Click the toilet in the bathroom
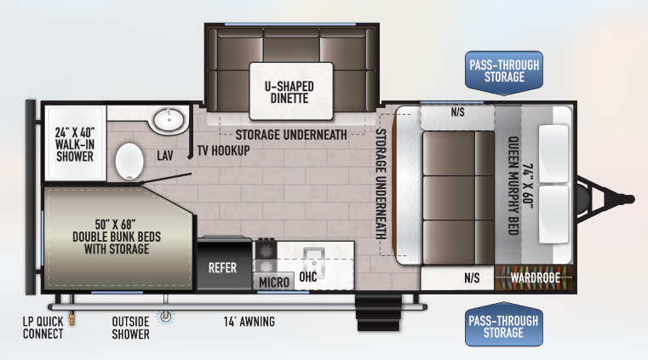click(129, 162)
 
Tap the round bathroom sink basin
click(169, 120)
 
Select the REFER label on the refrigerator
click(222, 268)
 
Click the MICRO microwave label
click(274, 283)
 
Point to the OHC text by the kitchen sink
click(308, 277)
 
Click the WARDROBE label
click(536, 277)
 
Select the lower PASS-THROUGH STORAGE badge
click(503, 324)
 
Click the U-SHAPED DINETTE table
click(291, 91)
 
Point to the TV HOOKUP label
click(224, 151)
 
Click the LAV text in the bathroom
click(165, 156)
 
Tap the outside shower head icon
click(166, 317)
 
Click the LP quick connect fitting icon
click(72, 318)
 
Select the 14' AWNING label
click(249, 322)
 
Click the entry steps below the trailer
click(379, 312)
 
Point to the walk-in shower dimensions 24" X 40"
click(75, 133)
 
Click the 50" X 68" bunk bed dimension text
click(115, 225)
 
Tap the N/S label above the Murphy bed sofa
click(457, 111)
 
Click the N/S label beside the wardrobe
click(472, 277)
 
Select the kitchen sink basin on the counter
click(313, 263)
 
